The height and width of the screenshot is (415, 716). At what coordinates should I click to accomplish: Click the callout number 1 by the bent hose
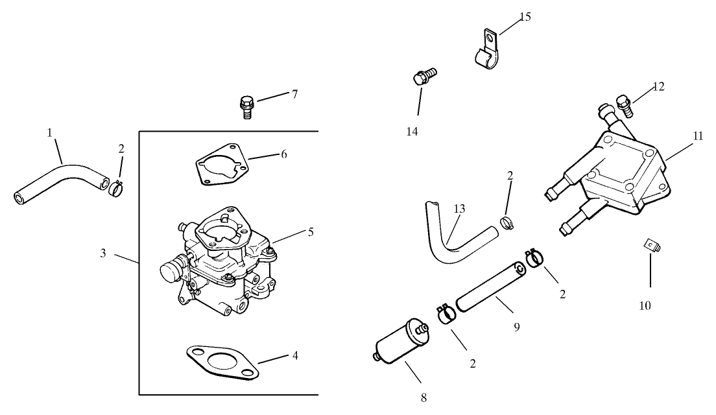pos(49,132)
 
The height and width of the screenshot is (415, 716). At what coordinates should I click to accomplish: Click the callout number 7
pos(294,94)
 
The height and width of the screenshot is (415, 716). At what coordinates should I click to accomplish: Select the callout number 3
pos(103,253)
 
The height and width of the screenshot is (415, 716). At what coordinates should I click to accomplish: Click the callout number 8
pos(424,397)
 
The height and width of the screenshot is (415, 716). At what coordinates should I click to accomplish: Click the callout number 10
pos(645,305)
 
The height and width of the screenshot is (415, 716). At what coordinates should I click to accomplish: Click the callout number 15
pos(525,17)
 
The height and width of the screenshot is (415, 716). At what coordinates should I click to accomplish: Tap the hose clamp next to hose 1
pos(115,188)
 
